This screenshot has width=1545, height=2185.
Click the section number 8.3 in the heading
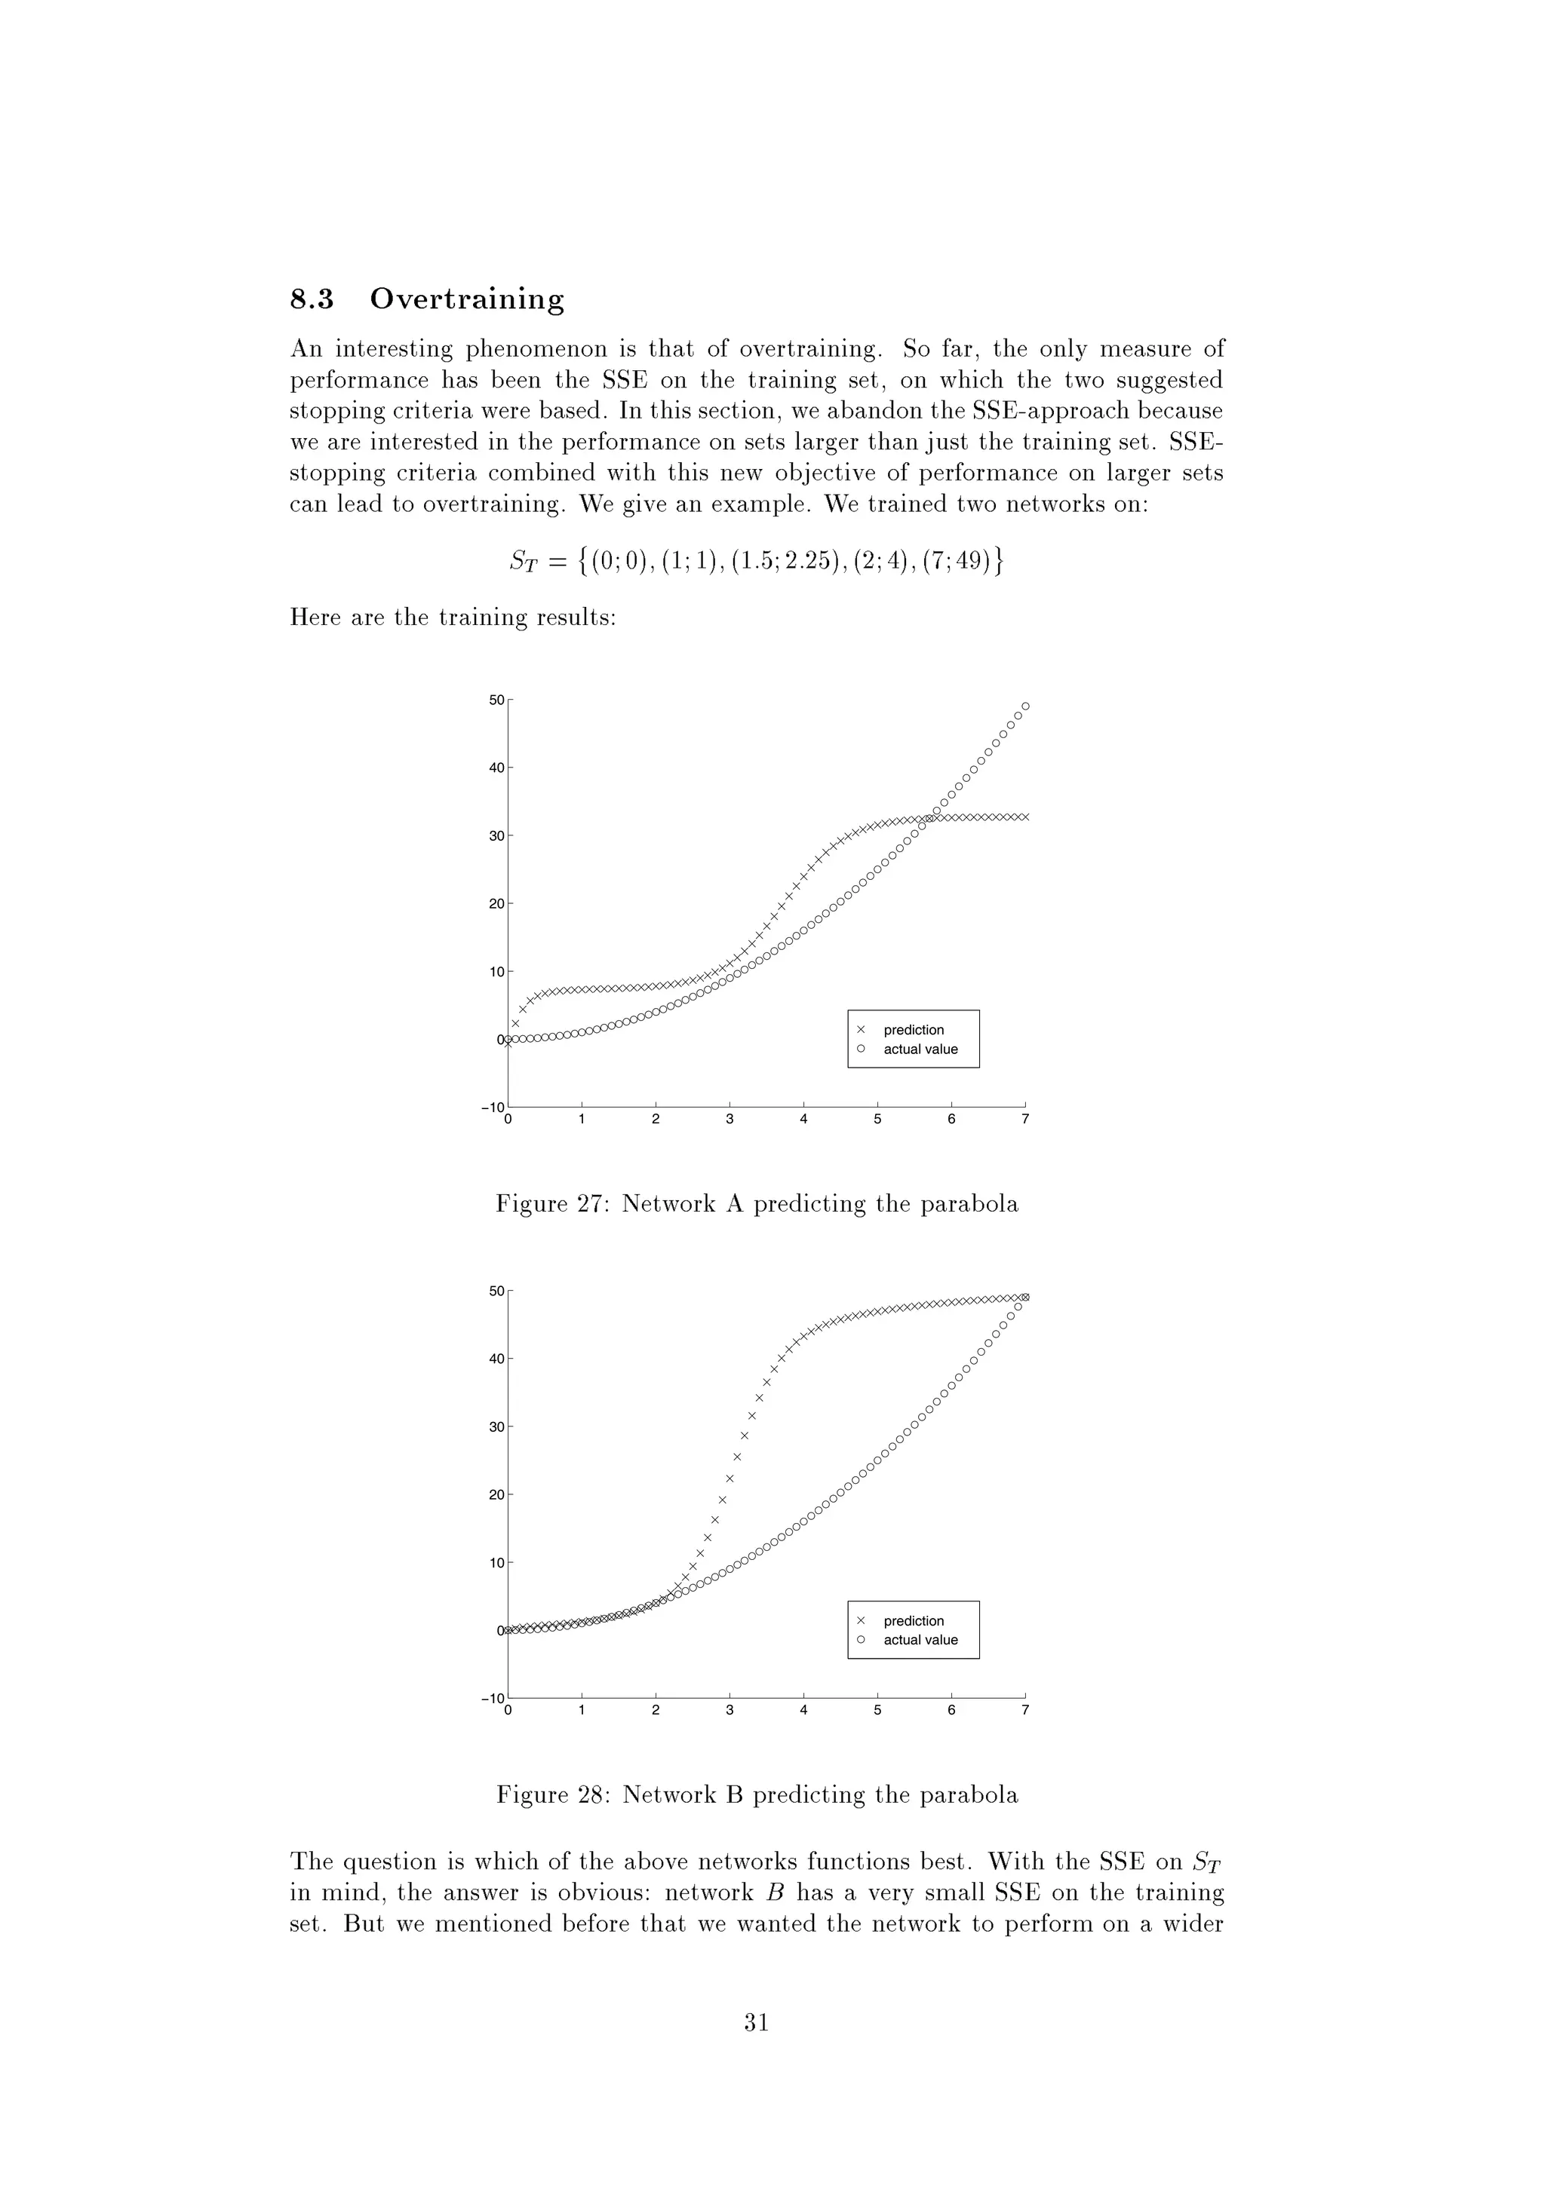[312, 300]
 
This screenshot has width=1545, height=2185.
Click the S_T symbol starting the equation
[524, 562]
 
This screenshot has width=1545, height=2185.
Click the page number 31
[757, 2021]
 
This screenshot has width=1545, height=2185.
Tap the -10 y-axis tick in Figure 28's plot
[493, 1699]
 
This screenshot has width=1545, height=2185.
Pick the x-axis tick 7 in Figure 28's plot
[1025, 1710]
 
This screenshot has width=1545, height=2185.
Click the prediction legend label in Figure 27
[913, 1030]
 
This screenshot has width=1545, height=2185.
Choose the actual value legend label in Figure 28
[920, 1640]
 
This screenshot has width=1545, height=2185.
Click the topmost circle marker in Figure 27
[1025, 706]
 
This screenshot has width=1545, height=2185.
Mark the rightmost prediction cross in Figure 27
[1025, 817]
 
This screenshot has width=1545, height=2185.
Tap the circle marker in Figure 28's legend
[861, 1640]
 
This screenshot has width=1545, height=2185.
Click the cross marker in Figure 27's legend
[861, 1030]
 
